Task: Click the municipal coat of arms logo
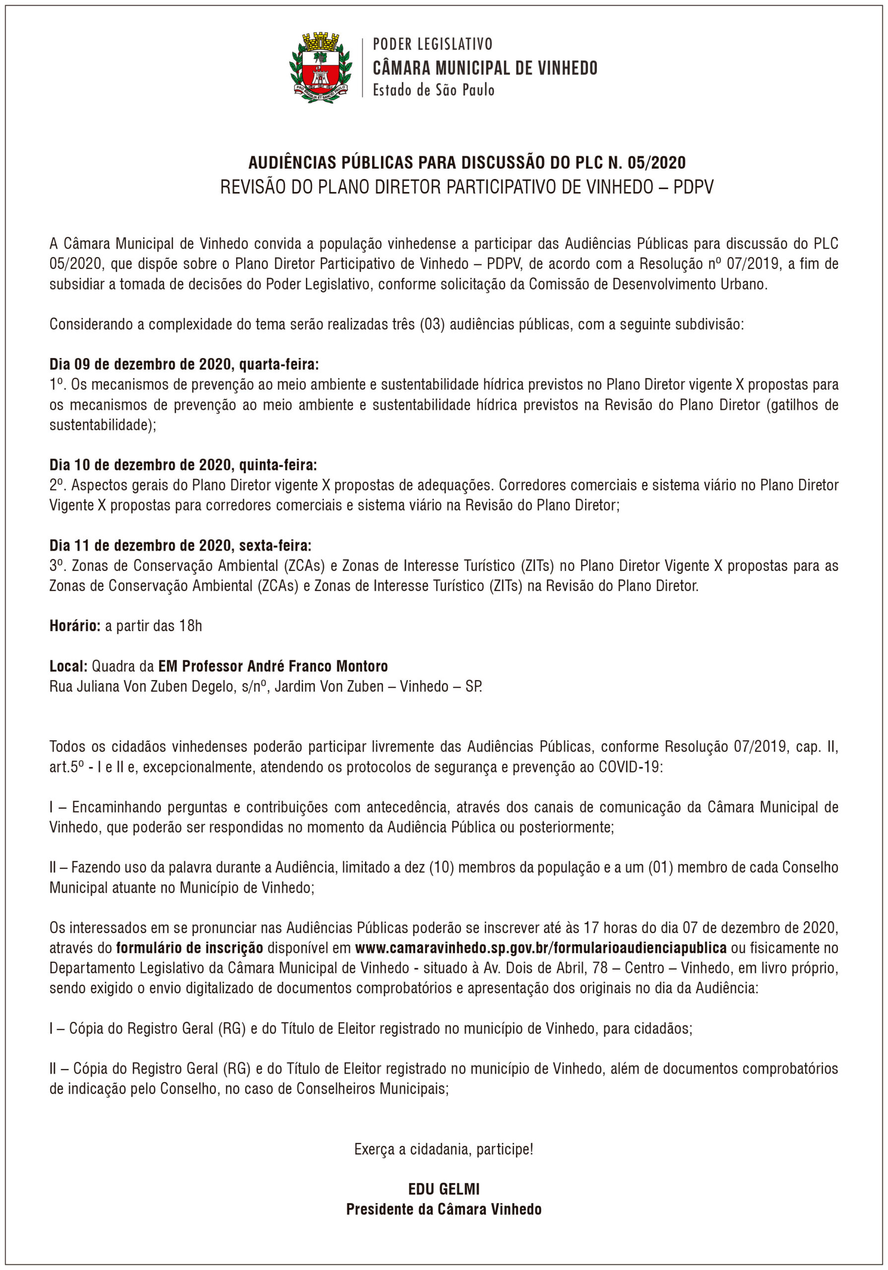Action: (x=320, y=67)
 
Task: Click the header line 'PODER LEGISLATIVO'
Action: (x=432, y=44)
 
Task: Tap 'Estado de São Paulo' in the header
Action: (x=433, y=90)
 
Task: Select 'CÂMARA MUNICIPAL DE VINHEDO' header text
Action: (x=485, y=68)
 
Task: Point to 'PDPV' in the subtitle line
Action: (x=693, y=188)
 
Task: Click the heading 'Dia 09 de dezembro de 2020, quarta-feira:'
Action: (x=184, y=365)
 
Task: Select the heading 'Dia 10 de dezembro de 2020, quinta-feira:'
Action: (x=183, y=465)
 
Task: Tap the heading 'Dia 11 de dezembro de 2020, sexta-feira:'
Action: (x=181, y=545)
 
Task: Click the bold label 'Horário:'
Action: (x=75, y=626)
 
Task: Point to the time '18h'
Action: (x=190, y=626)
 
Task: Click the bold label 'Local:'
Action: (x=68, y=666)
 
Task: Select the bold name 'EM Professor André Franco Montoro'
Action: (x=273, y=666)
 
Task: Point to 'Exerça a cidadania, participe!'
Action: (x=444, y=1149)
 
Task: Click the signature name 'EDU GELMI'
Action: (x=444, y=1189)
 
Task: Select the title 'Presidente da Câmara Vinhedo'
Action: (x=444, y=1209)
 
